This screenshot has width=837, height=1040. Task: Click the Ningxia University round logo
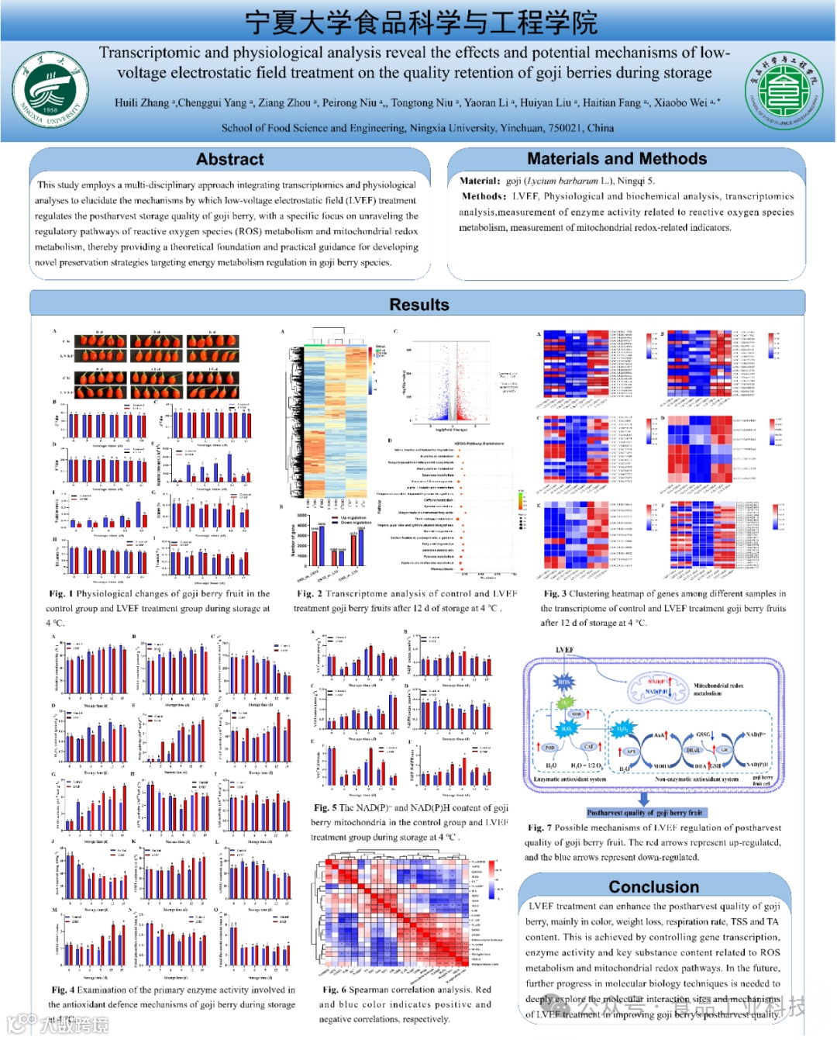point(50,89)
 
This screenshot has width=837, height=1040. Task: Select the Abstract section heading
point(229,159)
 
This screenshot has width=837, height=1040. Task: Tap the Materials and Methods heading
point(617,158)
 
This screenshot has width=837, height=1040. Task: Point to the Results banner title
point(418,305)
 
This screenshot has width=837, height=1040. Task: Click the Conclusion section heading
point(653,886)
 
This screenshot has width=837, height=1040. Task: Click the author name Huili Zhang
point(142,102)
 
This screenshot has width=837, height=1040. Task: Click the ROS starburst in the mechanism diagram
point(563,682)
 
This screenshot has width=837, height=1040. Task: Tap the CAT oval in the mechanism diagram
point(589,747)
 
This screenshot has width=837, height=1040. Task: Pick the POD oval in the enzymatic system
point(549,748)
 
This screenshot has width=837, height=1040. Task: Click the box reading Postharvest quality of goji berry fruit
point(644,813)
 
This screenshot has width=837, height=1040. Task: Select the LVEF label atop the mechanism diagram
point(564,650)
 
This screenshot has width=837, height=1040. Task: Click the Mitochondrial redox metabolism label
point(718,689)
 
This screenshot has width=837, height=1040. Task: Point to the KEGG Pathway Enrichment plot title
point(478,443)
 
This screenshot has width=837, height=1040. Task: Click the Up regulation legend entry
point(353,517)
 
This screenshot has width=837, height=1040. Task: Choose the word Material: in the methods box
point(480,181)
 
